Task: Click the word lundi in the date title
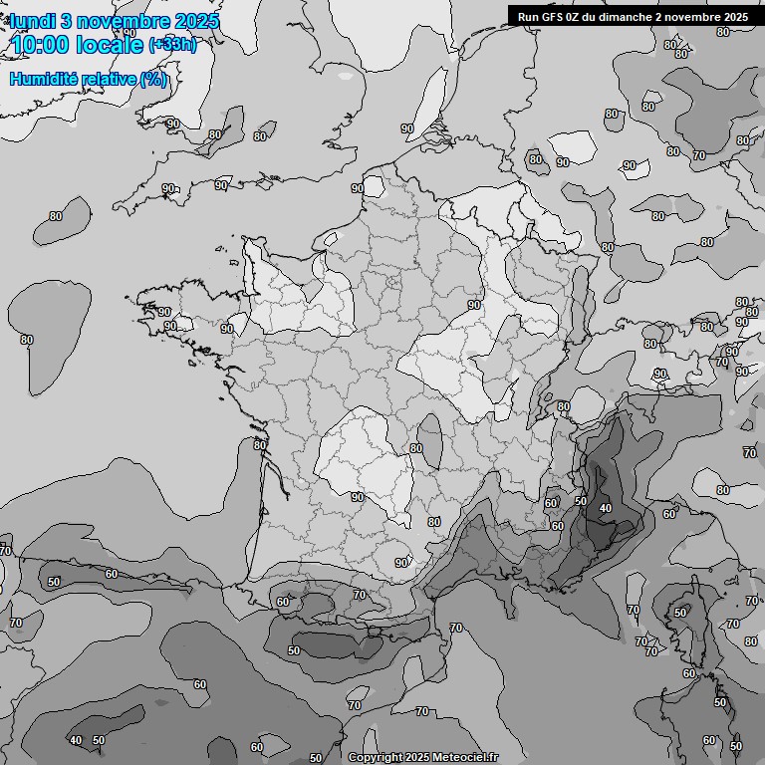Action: pos(35,22)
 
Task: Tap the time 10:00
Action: pos(41,45)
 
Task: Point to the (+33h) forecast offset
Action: pos(172,45)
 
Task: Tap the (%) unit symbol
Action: pos(153,80)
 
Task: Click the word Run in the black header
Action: pos(528,16)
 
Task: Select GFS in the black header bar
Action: pos(553,16)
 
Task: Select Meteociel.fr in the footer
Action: pos(465,757)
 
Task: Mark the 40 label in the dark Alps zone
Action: pos(605,509)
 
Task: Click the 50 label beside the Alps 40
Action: pos(581,500)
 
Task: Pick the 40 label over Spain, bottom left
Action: pos(76,740)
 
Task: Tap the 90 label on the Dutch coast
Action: pos(406,128)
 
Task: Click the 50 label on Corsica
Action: pos(679,613)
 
